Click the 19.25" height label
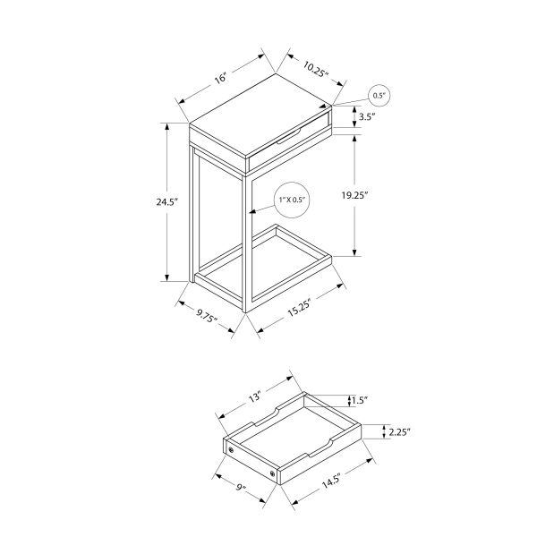pos(379,193)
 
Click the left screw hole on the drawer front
pos(231,449)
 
